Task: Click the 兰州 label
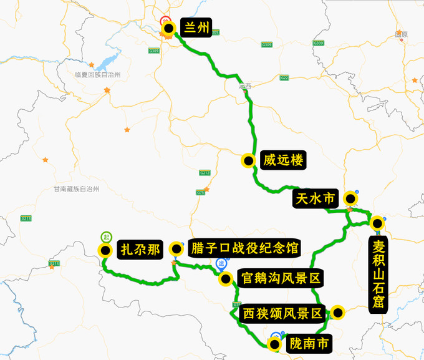196,27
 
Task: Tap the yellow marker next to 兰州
168,28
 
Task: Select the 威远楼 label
283,161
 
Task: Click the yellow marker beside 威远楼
248,161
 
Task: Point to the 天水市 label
315,199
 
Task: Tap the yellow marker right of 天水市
351,199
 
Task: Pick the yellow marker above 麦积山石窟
377,223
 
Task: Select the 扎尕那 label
140,250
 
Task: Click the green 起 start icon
107,237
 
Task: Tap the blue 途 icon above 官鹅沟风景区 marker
221,263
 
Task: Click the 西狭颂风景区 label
282,313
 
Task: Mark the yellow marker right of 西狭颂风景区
338,313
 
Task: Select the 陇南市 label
306,343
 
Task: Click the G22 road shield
284,78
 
